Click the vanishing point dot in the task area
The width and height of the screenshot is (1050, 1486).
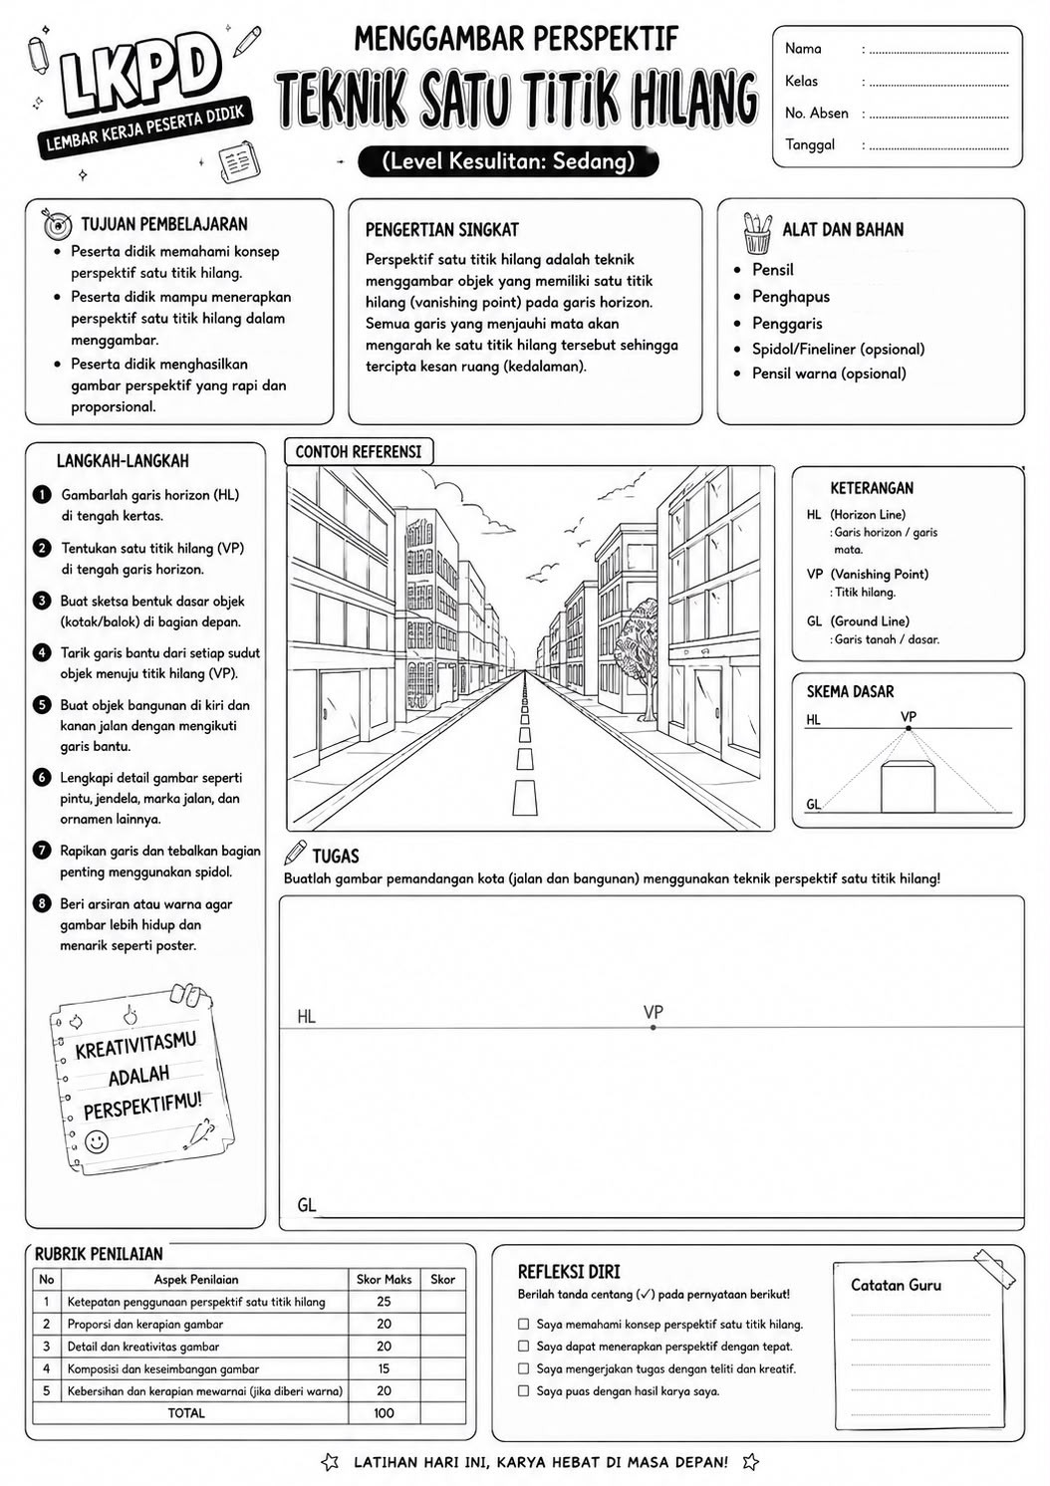point(654,1028)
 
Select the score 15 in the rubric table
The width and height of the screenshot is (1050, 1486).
point(384,1367)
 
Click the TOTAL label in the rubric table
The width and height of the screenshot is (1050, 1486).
point(186,1412)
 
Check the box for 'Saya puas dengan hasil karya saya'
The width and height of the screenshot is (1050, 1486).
point(524,1390)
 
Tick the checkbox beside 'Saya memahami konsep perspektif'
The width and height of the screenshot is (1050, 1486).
point(524,1324)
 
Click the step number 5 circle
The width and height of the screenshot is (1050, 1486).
point(42,704)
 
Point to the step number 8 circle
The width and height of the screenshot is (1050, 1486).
point(42,903)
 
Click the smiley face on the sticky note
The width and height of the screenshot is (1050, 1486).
point(97,1141)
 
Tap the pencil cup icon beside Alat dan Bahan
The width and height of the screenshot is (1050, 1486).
point(758,233)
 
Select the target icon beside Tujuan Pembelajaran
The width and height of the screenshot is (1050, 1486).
point(57,225)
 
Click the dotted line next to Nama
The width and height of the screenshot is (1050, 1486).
point(938,52)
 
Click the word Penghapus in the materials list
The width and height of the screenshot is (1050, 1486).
point(790,297)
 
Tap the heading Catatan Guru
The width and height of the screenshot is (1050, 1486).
point(896,1285)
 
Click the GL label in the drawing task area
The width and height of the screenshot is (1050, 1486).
point(307,1205)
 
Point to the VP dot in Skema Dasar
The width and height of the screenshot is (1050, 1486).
point(909,728)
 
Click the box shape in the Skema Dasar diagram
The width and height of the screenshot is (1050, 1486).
point(908,787)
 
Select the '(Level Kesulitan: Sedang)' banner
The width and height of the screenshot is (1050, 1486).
point(508,162)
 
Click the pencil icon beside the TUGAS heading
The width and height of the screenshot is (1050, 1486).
point(295,853)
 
